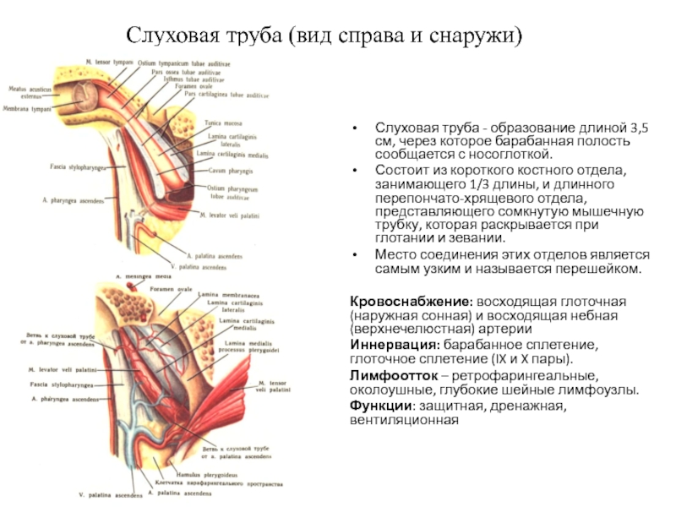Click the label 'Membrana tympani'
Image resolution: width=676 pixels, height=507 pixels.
coord(27,109)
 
